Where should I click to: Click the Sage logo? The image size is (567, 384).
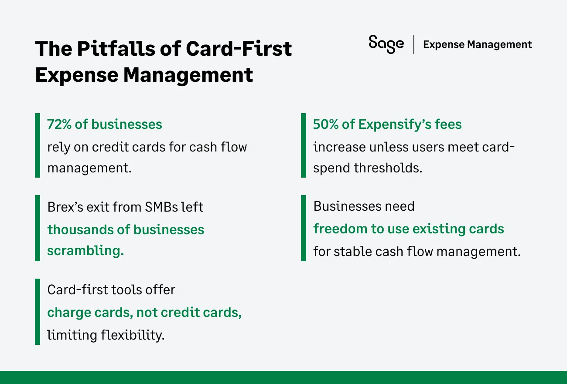click(386, 44)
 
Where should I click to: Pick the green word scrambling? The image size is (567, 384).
click(85, 251)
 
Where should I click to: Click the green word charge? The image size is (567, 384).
click(68, 313)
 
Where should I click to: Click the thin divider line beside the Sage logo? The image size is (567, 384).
click(413, 44)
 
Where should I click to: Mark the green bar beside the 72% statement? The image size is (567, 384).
click(38, 145)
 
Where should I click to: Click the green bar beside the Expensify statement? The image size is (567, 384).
click(304, 145)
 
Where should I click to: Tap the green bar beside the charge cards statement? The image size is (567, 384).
click(38, 312)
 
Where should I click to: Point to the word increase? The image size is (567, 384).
click(339, 147)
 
